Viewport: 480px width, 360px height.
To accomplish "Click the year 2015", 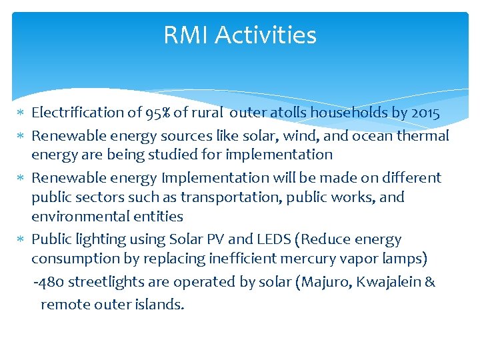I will click(x=425, y=113).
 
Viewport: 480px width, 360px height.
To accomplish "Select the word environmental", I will click(x=72, y=217).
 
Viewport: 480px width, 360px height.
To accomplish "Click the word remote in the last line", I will click(x=62, y=305).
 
